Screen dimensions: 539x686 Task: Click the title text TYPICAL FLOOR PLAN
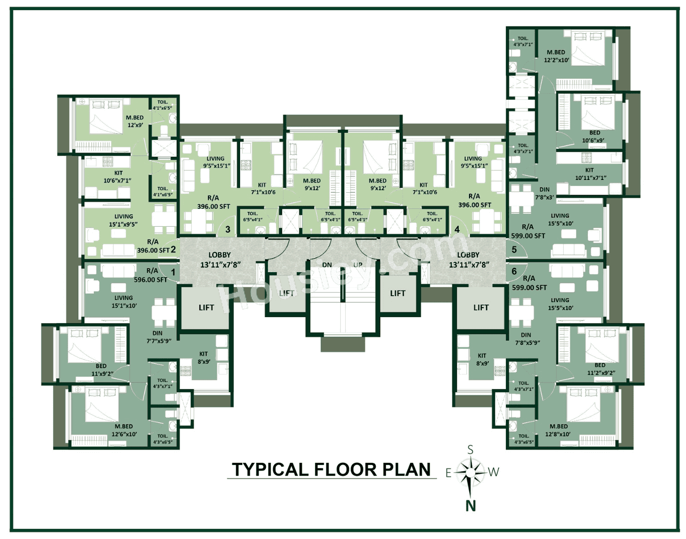tap(331, 469)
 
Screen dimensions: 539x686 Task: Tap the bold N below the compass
tap(471, 505)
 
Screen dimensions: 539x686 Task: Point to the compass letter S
tap(471, 450)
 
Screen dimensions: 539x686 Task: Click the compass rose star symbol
tap(471, 472)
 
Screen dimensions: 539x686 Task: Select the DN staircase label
tap(327, 265)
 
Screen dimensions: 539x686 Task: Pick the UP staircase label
tap(358, 265)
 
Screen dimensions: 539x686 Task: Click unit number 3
tap(228, 229)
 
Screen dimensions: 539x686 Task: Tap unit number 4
tap(457, 229)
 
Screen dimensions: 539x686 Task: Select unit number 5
tap(514, 250)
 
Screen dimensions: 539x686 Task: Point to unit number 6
tap(514, 272)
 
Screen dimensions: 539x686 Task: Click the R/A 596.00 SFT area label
tap(151, 275)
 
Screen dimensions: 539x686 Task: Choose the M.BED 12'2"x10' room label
tap(556, 56)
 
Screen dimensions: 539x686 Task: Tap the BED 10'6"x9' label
tap(594, 137)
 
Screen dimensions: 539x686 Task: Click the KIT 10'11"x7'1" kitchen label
tap(590, 174)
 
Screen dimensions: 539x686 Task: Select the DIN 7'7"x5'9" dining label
tap(158, 337)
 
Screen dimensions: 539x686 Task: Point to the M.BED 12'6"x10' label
tap(124, 430)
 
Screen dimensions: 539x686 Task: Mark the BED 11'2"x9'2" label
tap(600, 369)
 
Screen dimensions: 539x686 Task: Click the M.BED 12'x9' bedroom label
tap(135, 121)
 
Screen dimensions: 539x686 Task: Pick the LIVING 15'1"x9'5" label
tap(123, 220)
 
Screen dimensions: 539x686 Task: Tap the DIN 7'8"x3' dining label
tap(545, 193)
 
